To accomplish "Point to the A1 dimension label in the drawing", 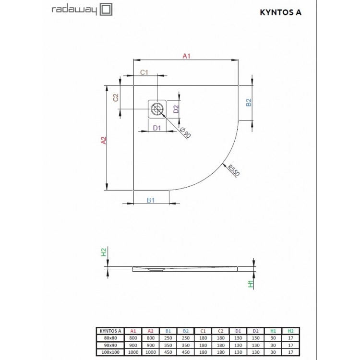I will (187, 56).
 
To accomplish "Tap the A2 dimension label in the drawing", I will (103, 140).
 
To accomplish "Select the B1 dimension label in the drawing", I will (150, 201).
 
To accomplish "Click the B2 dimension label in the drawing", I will (248, 102).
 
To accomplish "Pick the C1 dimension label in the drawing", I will (144, 72).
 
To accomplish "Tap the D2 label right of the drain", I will (176, 109).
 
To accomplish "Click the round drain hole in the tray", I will (157, 109).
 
